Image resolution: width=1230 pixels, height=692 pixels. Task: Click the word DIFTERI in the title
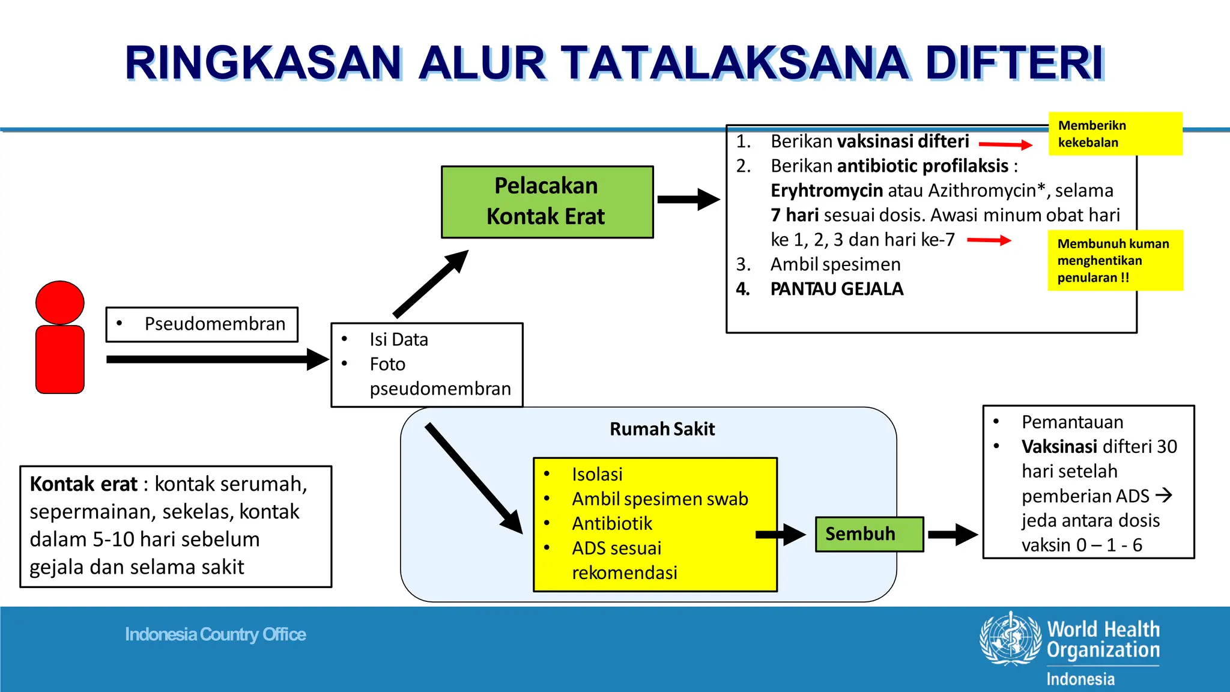pos(1014,63)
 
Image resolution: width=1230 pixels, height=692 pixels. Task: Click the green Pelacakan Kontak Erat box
pos(547,202)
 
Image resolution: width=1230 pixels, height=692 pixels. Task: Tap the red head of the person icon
pos(59,302)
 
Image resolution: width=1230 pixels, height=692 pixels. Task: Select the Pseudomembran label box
pos(202,324)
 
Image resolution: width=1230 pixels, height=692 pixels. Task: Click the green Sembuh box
pos(868,534)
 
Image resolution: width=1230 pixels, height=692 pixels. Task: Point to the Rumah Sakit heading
pos(662,429)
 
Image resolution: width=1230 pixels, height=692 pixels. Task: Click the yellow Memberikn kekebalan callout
pos(1115,134)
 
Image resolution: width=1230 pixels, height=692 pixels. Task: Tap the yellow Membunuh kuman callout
pos(1115,261)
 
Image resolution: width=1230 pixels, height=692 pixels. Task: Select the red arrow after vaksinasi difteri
pos(1005,144)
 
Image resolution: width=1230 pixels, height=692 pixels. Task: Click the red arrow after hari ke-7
pos(989,240)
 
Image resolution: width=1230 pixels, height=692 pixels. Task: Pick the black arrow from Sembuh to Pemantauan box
pos(953,534)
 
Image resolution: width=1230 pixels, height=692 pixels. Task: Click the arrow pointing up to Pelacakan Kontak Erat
pos(430,284)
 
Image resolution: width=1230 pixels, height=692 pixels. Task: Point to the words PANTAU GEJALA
pos(836,289)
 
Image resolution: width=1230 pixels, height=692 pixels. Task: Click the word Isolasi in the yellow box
pos(597,475)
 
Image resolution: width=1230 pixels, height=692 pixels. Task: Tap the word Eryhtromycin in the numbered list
pos(826,190)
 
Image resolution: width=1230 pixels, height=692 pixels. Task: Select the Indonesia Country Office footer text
pos(216,634)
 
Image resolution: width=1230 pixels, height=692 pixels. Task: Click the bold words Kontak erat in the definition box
pos(83,484)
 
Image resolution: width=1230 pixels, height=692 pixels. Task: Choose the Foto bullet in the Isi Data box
pos(387,364)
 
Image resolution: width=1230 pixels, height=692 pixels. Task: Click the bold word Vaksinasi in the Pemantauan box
pos(1059,446)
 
